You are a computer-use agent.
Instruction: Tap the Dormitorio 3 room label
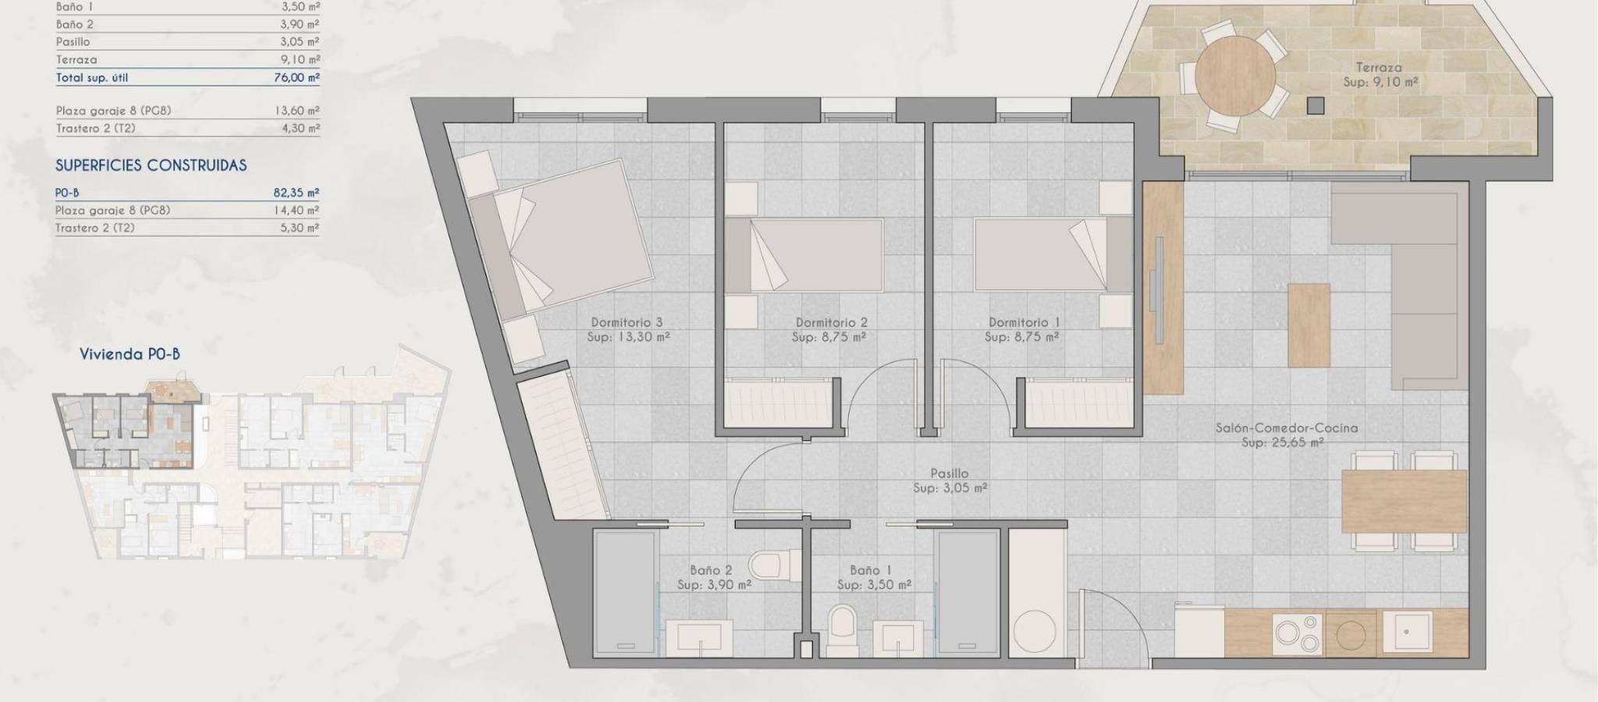(627, 322)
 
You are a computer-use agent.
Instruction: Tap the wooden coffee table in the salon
(1309, 325)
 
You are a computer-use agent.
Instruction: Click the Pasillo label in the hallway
(950, 473)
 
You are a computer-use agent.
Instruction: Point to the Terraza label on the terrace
(1379, 67)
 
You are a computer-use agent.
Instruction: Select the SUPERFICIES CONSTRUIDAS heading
(151, 165)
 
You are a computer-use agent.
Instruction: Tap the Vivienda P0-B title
(130, 354)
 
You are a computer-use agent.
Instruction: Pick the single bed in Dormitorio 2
(805, 255)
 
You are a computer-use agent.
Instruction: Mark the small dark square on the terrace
(1317, 105)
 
